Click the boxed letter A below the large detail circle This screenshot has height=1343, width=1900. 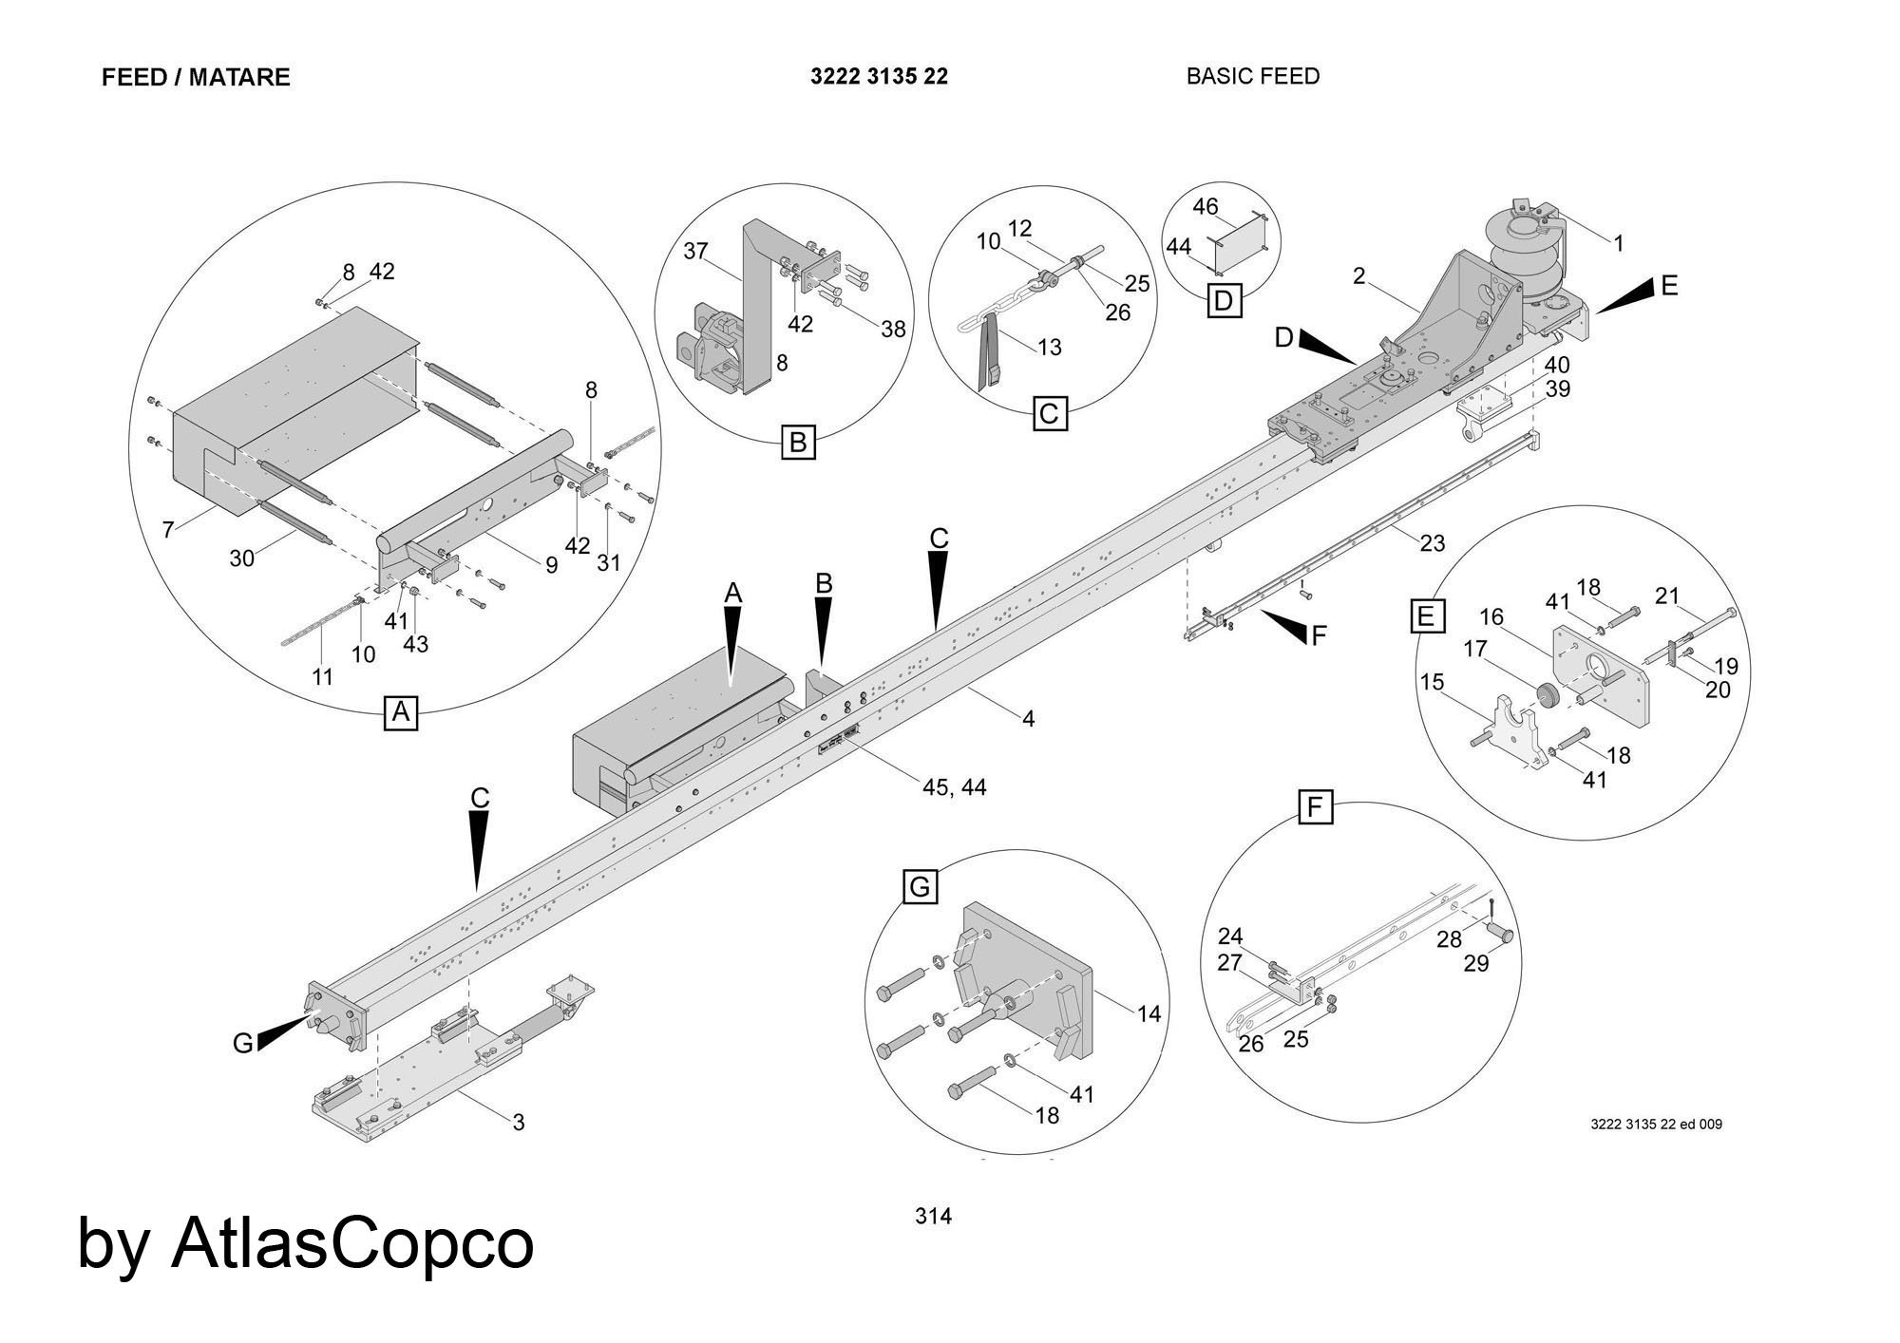coord(401,711)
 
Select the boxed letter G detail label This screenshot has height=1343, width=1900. coord(920,887)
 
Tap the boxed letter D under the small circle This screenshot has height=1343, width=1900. coord(1224,301)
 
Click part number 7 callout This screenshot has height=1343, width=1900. coord(168,529)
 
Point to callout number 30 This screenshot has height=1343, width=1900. coord(241,558)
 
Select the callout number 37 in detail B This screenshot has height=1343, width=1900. coord(696,251)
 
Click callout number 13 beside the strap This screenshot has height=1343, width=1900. coord(1049,348)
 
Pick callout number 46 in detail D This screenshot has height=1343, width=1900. coord(1205,206)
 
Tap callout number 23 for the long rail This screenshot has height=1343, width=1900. coord(1432,542)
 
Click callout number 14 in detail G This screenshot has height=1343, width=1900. coord(1149,1014)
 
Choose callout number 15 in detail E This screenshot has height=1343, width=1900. coord(1432,682)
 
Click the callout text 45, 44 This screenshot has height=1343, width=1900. coord(954,786)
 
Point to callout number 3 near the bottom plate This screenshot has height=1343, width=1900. coord(519,1123)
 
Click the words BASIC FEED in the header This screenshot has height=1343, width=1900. coord(1252,76)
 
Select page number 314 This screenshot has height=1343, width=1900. coord(933,1216)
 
